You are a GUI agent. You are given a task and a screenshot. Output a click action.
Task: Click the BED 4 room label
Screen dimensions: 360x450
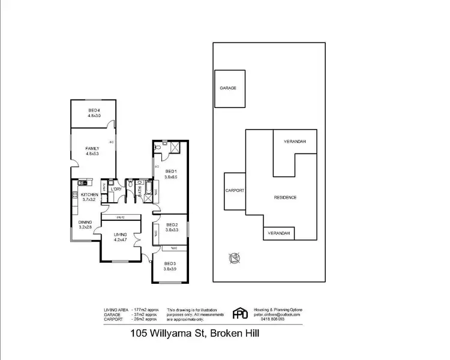point(94,110)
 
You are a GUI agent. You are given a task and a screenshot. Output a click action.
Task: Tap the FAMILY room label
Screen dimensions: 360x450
point(92,148)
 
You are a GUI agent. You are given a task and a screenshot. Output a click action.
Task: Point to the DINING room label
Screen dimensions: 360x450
point(85,222)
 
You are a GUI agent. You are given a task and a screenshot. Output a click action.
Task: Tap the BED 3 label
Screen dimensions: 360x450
point(170,263)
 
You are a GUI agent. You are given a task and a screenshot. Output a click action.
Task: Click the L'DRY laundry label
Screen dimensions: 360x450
point(116,190)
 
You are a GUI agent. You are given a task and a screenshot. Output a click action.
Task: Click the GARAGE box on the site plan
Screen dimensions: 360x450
point(228,88)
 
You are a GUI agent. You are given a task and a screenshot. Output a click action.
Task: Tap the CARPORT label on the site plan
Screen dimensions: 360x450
point(235,190)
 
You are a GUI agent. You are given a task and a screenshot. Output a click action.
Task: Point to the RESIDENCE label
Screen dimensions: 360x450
point(285,197)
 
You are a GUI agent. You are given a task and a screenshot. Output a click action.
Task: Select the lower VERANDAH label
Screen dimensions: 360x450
point(279,233)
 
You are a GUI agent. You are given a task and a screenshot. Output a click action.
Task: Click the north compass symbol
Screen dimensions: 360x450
point(233,259)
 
